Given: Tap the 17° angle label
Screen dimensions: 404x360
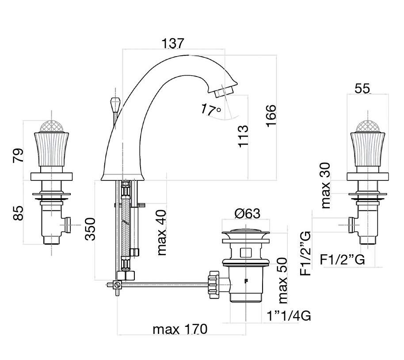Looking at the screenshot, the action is (211, 109).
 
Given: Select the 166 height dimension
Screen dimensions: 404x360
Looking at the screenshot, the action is (271, 116).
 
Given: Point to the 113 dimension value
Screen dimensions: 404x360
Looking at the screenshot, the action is (243, 136).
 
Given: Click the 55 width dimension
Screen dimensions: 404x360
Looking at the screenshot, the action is (362, 89).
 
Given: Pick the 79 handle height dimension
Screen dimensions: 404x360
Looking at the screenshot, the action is (18, 155).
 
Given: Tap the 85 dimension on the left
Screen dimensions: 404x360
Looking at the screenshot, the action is (18, 213).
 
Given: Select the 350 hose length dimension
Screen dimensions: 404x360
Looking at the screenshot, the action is (90, 229).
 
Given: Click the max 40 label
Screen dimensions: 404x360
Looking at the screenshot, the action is (162, 233).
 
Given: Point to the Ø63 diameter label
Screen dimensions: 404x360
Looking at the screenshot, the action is (248, 214).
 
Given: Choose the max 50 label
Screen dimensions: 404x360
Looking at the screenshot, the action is (282, 280).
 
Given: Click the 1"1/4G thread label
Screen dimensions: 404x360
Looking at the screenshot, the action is (289, 316).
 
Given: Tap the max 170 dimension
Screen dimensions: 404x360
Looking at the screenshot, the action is (180, 329).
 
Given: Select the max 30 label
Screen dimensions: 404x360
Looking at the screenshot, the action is (325, 185).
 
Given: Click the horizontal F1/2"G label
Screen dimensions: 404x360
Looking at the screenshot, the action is (343, 259).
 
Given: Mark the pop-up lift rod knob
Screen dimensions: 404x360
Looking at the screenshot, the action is (114, 103).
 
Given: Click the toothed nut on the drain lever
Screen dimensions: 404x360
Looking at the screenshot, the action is (214, 284).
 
